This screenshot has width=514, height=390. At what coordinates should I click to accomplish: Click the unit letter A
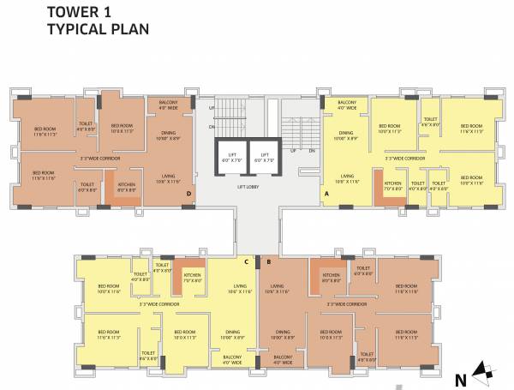tap(326, 195)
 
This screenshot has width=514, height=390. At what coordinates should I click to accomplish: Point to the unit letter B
tap(270, 261)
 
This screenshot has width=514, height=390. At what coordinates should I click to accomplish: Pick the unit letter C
tap(246, 261)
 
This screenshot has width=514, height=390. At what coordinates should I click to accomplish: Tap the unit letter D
tap(188, 195)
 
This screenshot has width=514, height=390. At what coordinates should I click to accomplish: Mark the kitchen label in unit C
tap(193, 279)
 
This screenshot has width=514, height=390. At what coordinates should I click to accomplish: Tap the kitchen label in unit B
tap(332, 279)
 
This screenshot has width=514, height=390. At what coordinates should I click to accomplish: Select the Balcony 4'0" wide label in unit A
tap(346, 107)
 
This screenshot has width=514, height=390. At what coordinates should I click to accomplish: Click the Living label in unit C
tap(240, 290)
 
